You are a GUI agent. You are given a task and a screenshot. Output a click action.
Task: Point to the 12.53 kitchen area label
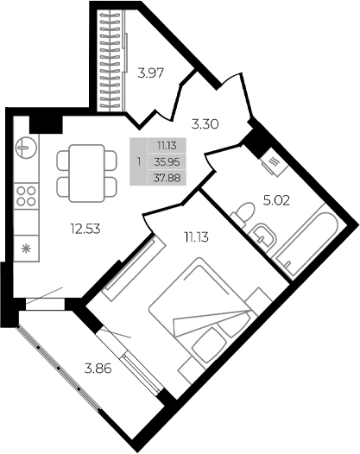point(86,230)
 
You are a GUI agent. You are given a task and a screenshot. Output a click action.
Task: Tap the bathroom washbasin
point(262,233)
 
